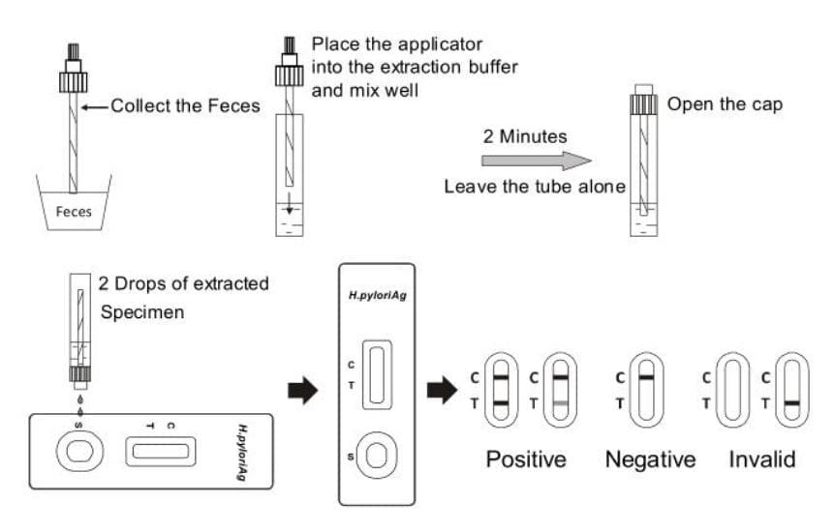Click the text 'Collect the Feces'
coord(185,105)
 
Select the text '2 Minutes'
coord(524,137)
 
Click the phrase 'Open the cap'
coord(725,103)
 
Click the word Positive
coord(526,459)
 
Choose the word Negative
coord(650,459)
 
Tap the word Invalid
coord(762,459)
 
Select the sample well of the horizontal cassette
coord(74,450)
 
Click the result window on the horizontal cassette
coord(160,450)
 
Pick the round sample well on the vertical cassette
coord(375,455)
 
